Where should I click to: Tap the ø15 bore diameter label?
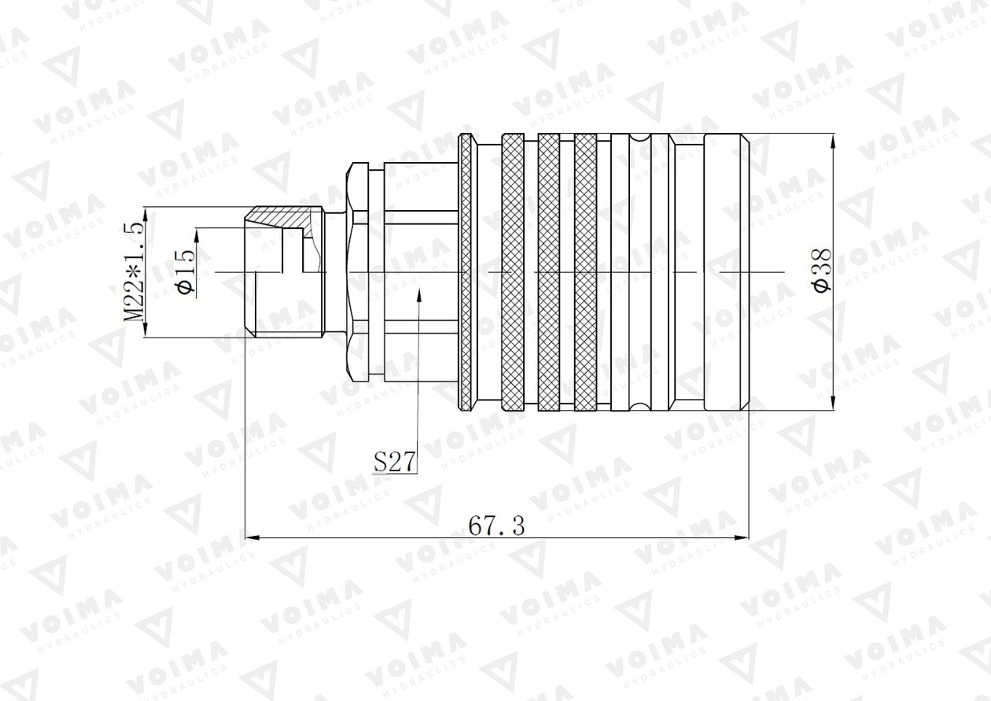(x=186, y=271)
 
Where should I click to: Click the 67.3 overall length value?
(x=496, y=526)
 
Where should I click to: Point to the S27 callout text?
(x=394, y=462)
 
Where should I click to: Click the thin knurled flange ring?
(x=466, y=271)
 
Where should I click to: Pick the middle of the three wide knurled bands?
(x=548, y=271)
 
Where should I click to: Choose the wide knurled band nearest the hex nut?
(x=512, y=271)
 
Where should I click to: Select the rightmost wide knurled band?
(x=585, y=271)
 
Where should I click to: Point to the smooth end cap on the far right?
(x=726, y=271)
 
